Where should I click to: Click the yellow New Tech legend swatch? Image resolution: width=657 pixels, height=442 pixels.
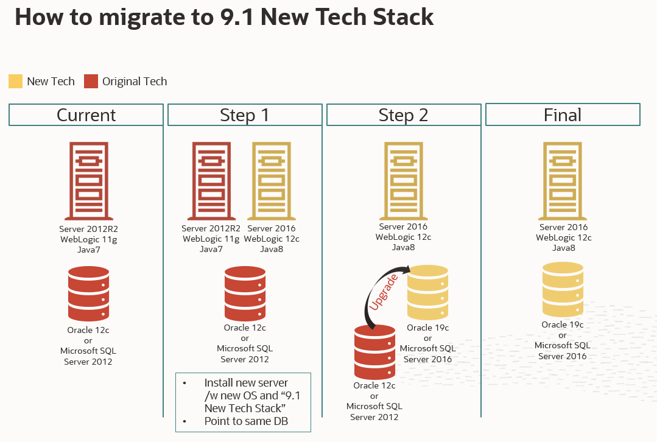click(x=16, y=81)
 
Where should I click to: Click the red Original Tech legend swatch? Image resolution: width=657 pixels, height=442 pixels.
click(x=91, y=81)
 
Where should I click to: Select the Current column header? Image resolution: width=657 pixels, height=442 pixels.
click(x=86, y=115)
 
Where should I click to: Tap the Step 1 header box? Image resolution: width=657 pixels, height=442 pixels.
click(x=245, y=115)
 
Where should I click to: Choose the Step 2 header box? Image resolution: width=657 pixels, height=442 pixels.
click(x=404, y=115)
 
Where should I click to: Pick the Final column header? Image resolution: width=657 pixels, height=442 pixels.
click(x=563, y=115)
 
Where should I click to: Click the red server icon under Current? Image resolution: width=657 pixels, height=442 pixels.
click(x=89, y=181)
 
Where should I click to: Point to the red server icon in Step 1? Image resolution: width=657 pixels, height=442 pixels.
click(x=211, y=181)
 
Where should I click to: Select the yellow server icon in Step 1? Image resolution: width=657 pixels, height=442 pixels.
click(x=272, y=181)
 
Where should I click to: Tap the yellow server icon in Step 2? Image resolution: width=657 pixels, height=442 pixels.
click(x=404, y=181)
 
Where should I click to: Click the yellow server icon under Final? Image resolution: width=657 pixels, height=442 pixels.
click(x=563, y=181)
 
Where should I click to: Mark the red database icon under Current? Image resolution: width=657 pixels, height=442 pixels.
click(x=88, y=294)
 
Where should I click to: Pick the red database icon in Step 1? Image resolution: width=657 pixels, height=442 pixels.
click(x=245, y=294)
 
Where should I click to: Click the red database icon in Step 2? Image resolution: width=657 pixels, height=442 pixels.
click(x=374, y=353)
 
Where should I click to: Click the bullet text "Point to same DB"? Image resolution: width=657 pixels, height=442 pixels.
click(x=246, y=421)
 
